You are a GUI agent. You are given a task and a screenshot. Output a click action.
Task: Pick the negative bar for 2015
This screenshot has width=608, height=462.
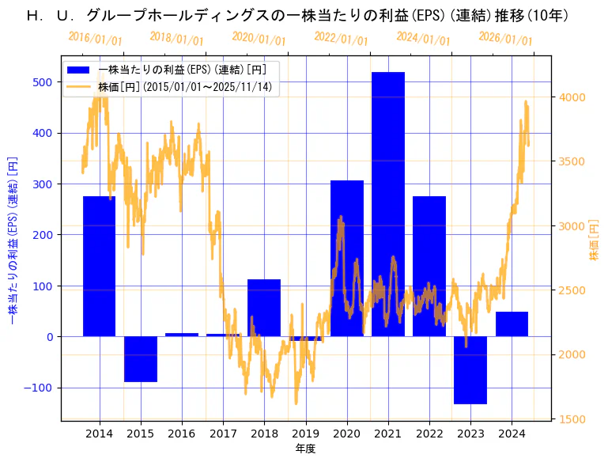click(141, 359)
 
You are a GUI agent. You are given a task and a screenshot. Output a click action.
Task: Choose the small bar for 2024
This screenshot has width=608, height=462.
click(512, 324)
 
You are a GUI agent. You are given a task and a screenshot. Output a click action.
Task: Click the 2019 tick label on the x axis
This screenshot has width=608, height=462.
click(305, 434)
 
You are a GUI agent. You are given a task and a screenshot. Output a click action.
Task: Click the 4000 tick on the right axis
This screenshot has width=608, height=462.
click(572, 97)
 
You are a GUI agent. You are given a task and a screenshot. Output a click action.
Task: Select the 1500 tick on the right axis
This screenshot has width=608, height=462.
click(572, 419)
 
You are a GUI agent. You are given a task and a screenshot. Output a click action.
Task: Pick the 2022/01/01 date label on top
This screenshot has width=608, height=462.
click(341, 39)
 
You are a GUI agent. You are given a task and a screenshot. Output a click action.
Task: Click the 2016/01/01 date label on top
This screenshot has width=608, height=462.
click(95, 39)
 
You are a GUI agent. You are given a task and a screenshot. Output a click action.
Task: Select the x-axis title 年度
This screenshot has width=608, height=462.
click(305, 449)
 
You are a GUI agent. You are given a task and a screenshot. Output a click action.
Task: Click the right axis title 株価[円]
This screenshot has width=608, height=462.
click(595, 239)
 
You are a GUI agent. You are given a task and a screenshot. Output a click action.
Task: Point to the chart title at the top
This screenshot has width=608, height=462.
click(297, 15)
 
